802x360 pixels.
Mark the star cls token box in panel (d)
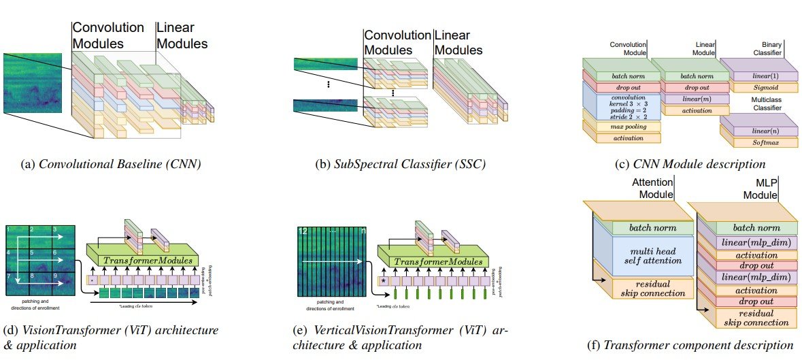coord(90,279)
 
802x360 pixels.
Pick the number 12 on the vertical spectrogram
coord(303,233)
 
